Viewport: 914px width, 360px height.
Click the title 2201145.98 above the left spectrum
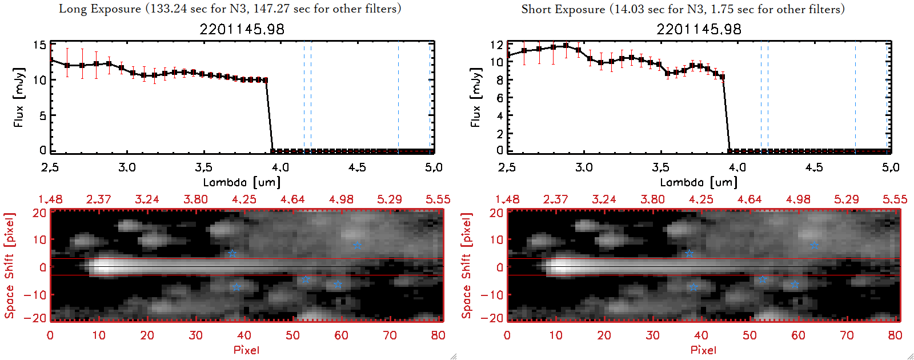tap(242, 29)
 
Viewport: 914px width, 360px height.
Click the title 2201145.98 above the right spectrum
tap(699, 29)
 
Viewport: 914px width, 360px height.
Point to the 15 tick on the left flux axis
tap(39, 45)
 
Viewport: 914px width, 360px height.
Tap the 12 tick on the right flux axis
tap(496, 45)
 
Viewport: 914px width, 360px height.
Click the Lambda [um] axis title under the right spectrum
tap(699, 182)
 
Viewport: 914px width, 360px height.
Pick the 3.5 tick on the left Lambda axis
tap(203, 167)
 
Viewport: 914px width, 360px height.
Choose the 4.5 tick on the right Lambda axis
tap(814, 167)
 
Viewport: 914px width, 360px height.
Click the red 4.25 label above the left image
tap(244, 199)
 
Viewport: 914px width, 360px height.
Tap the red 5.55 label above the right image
tap(895, 199)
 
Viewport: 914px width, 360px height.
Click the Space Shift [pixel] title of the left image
tap(9, 266)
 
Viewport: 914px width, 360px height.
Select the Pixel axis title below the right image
tap(703, 350)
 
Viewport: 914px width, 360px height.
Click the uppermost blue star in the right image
tap(814, 246)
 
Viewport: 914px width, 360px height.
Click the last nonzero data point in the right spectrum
tap(722, 77)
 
